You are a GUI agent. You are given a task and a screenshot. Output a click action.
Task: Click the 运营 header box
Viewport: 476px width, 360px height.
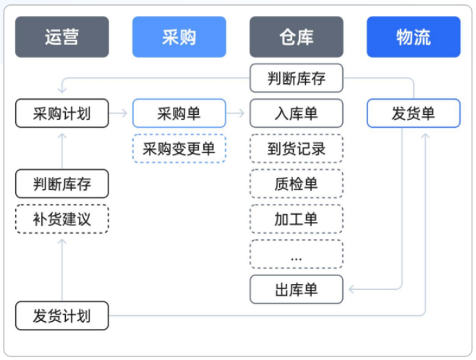point(62,37)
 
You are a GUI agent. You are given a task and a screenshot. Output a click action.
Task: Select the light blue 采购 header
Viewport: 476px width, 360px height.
point(179,37)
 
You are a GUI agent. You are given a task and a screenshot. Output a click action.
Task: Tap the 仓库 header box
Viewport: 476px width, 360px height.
point(296,37)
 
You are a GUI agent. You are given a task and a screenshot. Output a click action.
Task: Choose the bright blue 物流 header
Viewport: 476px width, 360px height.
point(413,37)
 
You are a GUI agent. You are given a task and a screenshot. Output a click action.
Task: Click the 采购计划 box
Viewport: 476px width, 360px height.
point(62,113)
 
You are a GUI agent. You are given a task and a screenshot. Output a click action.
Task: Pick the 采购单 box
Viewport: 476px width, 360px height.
point(179,113)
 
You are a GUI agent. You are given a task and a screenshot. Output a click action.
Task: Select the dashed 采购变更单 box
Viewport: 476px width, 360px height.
point(179,149)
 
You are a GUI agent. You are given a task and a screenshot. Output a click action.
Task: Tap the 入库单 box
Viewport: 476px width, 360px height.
point(296,113)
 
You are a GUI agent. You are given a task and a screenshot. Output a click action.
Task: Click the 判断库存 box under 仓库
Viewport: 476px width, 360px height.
point(296,78)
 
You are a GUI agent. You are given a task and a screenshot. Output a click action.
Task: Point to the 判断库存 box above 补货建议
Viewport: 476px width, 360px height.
point(62,184)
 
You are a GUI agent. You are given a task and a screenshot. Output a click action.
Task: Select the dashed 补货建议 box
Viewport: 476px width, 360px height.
point(62,219)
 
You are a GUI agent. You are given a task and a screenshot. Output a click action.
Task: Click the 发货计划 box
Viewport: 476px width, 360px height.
point(62,316)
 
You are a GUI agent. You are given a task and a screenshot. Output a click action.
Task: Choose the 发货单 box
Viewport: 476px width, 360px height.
point(413,113)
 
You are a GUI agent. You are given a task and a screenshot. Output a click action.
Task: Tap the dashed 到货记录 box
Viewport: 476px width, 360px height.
point(296,149)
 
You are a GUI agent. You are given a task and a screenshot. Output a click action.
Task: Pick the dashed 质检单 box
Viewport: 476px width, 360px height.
point(296,184)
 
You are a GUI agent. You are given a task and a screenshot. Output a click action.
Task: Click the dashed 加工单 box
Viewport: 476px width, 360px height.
point(296,219)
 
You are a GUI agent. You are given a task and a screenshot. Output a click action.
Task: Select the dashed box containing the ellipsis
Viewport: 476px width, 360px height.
point(296,254)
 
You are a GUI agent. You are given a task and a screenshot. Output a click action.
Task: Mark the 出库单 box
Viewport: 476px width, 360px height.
point(296,290)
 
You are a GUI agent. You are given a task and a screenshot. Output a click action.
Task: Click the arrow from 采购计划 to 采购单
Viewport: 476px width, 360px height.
point(121,113)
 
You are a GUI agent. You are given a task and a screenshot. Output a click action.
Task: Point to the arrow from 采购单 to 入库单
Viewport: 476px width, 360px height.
point(237,113)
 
